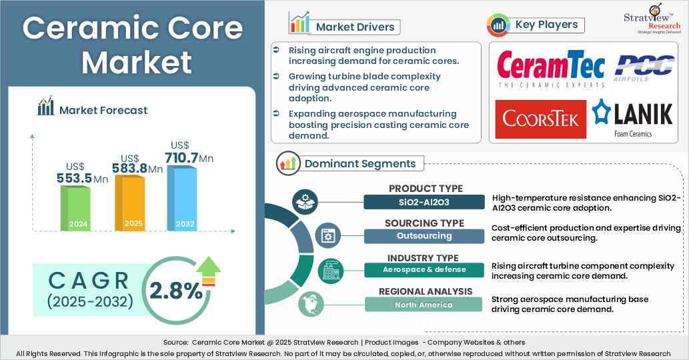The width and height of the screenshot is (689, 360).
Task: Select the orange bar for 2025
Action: [x=129, y=203]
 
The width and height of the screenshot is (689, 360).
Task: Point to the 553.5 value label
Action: [x=74, y=179]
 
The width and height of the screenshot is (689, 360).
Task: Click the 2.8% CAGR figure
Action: [x=175, y=291]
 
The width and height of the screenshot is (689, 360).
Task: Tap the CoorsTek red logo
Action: [x=541, y=119]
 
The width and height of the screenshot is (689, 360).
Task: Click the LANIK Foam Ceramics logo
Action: [x=632, y=119]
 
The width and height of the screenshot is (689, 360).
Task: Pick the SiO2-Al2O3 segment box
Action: [x=425, y=202]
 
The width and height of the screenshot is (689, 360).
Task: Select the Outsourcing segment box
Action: [x=424, y=236]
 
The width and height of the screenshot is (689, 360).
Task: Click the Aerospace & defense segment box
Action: [x=424, y=270]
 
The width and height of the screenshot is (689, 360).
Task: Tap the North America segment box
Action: [x=424, y=305]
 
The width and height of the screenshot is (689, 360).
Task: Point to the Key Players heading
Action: [x=547, y=25]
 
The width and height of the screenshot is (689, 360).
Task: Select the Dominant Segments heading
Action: [x=360, y=163]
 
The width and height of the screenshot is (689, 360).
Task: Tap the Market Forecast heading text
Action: [x=103, y=110]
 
